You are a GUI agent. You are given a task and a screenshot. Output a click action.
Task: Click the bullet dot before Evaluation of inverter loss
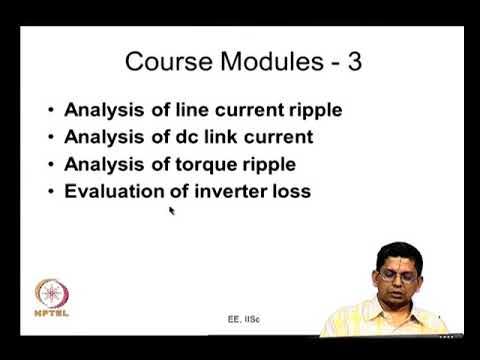click(51, 189)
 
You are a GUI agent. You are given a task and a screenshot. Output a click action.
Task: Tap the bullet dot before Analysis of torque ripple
click(51, 163)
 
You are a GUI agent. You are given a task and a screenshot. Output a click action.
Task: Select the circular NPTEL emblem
click(52, 295)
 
